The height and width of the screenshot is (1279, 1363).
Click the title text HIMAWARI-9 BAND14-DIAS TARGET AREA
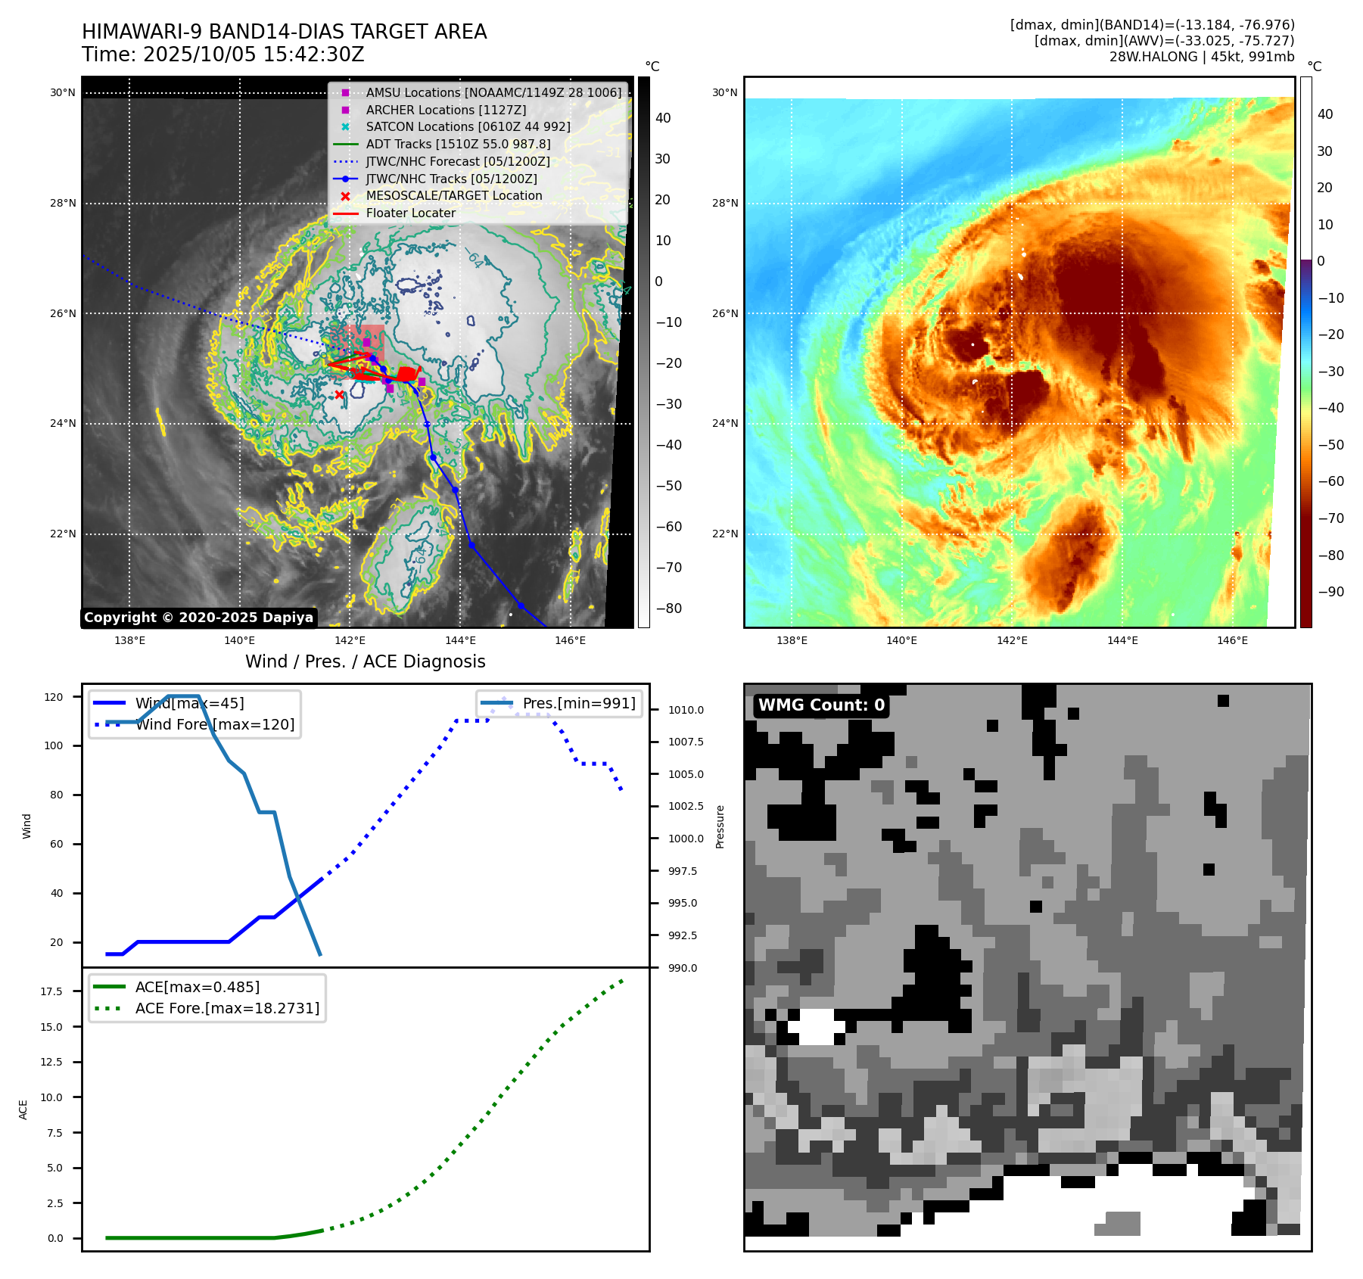(x=284, y=32)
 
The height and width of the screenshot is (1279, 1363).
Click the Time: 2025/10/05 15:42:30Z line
(x=223, y=54)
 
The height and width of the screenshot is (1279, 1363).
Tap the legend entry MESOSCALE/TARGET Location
(x=453, y=195)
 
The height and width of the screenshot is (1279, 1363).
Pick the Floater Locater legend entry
(x=410, y=213)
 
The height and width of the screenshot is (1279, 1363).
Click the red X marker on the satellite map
(x=339, y=394)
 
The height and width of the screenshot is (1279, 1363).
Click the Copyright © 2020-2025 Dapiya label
(x=198, y=618)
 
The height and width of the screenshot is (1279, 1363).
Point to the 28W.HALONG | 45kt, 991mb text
(x=1202, y=57)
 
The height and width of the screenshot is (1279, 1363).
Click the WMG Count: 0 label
(x=821, y=705)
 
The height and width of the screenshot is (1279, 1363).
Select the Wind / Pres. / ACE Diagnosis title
(x=365, y=661)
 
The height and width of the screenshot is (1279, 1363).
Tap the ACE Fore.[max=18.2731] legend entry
(x=227, y=1008)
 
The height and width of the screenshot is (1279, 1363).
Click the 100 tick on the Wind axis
(x=54, y=745)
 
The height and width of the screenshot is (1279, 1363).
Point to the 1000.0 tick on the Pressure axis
(x=686, y=839)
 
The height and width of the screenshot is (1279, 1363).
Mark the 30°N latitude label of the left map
(x=63, y=93)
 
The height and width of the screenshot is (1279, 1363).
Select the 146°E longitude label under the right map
(x=1232, y=640)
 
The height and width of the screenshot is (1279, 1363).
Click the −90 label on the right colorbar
(x=1330, y=592)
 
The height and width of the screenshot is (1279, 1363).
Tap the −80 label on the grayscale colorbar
(x=668, y=608)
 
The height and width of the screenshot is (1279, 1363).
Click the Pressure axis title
(x=720, y=826)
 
